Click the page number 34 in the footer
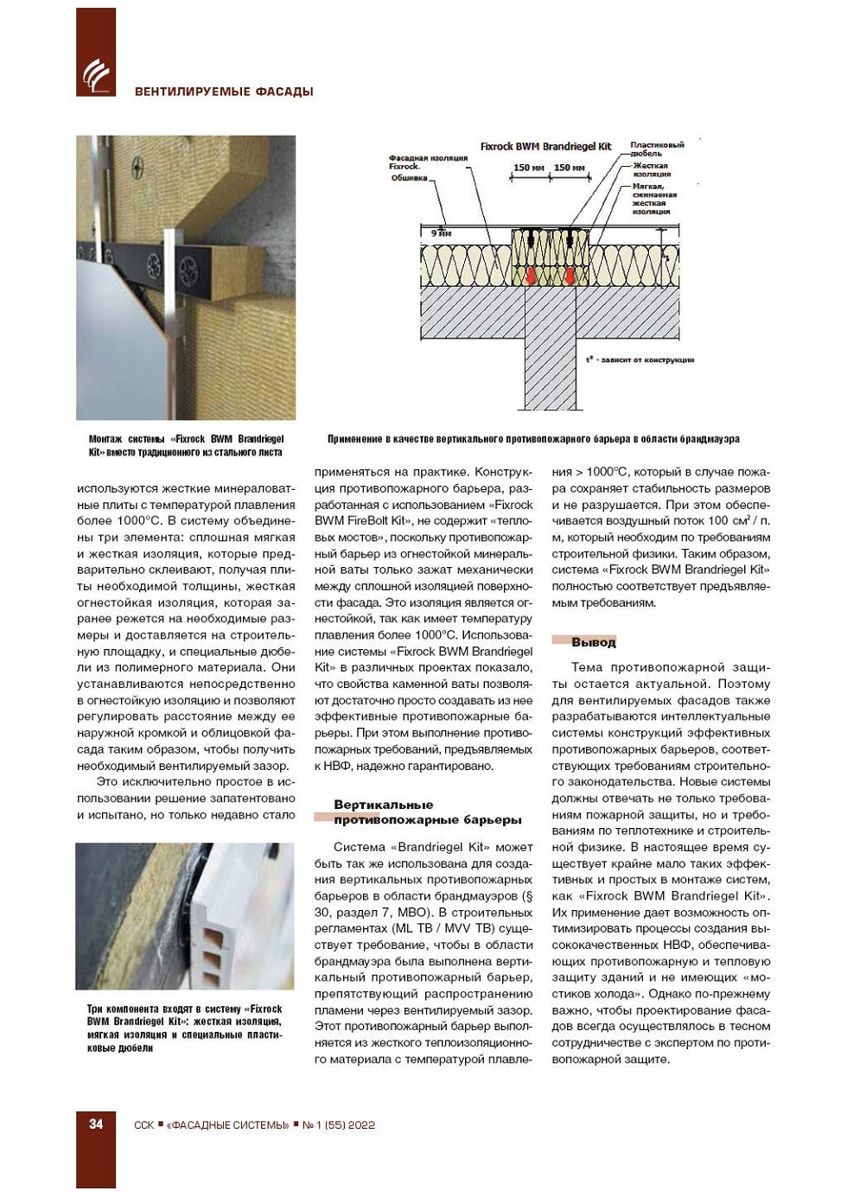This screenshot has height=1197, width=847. pos(96,1124)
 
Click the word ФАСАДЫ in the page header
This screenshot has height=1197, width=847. pos(283,92)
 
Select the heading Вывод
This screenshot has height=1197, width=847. pos(594,642)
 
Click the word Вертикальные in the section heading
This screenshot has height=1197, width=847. pos(384,805)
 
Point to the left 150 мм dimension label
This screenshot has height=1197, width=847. pos(528,168)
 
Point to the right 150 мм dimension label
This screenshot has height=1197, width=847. pos(569,168)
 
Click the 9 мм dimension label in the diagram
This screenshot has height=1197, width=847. pos(441,233)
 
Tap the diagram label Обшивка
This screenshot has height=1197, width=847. pos(410,178)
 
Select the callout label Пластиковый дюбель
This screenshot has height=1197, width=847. pos(656,149)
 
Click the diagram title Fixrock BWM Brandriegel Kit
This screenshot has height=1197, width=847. pos(545,146)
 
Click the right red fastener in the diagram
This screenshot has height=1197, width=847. pos(570,276)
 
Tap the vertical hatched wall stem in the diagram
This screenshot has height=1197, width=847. pos(551,372)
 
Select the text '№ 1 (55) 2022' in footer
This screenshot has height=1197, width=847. pos(338,1125)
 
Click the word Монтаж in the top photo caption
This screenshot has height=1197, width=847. pos(105,439)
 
